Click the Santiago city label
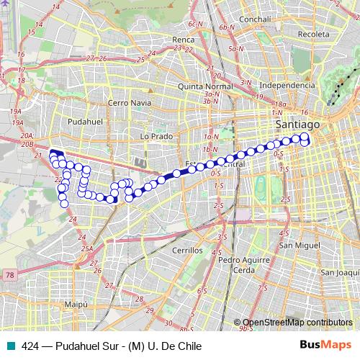(296, 125)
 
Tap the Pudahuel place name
(81, 122)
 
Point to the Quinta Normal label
(205, 86)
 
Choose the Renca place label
(184, 40)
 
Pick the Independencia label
(287, 85)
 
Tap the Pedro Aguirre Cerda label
(246, 264)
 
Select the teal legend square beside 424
(9, 346)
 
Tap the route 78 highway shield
(9, 274)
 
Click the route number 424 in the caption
(31, 346)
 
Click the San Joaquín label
(339, 272)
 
